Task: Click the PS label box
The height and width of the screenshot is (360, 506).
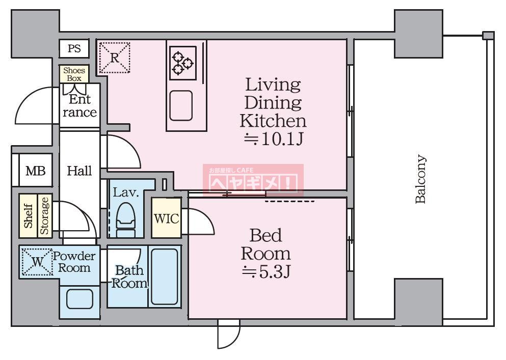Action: [74, 49]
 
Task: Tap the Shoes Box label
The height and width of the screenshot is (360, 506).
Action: [74, 74]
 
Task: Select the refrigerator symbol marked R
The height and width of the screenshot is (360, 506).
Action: [114, 58]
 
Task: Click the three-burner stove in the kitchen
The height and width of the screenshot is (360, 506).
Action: [183, 63]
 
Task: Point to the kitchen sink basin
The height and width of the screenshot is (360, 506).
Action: [181, 105]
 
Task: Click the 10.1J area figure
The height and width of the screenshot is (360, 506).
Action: [273, 139]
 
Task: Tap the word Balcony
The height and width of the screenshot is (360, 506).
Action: [420, 179]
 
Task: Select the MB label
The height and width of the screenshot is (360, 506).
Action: [36, 171]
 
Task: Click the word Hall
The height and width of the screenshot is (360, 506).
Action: [79, 171]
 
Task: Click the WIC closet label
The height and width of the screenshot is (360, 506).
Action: [166, 218]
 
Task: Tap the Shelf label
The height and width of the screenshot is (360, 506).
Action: [28, 216]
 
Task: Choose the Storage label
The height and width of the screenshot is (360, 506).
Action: [44, 216]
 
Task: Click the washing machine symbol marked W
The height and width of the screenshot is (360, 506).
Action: [37, 262]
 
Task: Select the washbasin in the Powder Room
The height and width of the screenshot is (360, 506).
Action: [79, 299]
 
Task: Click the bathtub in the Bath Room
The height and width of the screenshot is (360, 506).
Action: [165, 276]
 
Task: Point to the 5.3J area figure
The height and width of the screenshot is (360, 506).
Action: [267, 272]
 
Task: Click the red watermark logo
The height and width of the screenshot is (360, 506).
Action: [253, 180]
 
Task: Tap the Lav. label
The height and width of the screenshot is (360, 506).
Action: [125, 192]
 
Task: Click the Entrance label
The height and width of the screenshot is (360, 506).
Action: [79, 106]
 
